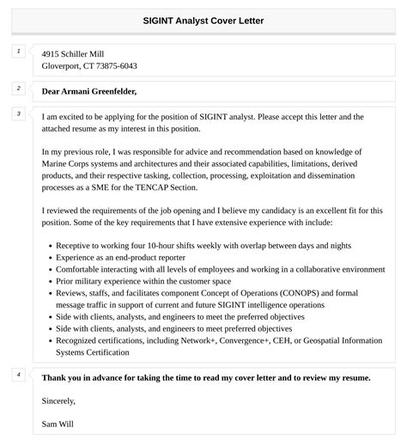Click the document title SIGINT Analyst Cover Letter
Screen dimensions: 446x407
(203, 20)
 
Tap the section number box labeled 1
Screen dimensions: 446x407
(18, 52)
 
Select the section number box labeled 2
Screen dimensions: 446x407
(18, 88)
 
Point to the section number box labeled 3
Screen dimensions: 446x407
(18, 113)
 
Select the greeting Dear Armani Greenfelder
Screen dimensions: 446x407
(89, 91)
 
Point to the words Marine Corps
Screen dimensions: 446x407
(66, 162)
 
